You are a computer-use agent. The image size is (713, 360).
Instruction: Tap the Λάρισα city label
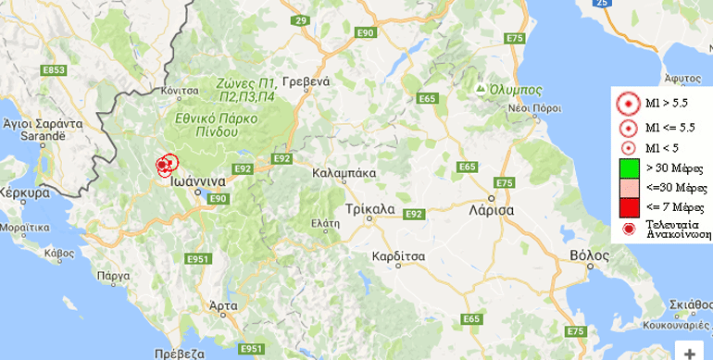click(493, 209)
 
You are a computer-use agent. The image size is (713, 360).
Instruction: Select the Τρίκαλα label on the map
click(369, 208)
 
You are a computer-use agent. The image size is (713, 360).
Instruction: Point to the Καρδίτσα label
click(397, 254)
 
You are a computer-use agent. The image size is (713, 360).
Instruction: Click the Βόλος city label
click(590, 253)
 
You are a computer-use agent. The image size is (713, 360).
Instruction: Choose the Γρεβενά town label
click(306, 81)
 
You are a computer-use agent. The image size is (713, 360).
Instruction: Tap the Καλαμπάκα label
click(344, 172)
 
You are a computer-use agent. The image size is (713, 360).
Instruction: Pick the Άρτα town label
click(222, 304)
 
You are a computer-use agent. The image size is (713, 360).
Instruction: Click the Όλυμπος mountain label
click(515, 89)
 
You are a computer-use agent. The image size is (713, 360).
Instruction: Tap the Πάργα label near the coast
click(111, 275)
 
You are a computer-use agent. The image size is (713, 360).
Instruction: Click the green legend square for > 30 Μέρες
click(628, 168)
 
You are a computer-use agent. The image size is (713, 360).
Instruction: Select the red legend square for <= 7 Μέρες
click(628, 205)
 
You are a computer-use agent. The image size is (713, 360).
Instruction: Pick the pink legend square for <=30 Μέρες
click(628, 187)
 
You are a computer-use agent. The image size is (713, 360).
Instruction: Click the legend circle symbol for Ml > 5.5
click(628, 106)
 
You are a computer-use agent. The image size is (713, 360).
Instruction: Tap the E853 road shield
click(55, 69)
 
